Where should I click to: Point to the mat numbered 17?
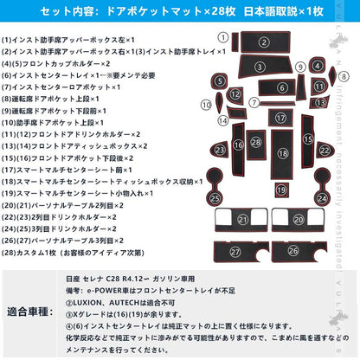(x=280, y=117)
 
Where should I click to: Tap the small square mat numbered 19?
(x=280, y=190)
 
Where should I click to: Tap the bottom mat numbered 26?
(x=293, y=250)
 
